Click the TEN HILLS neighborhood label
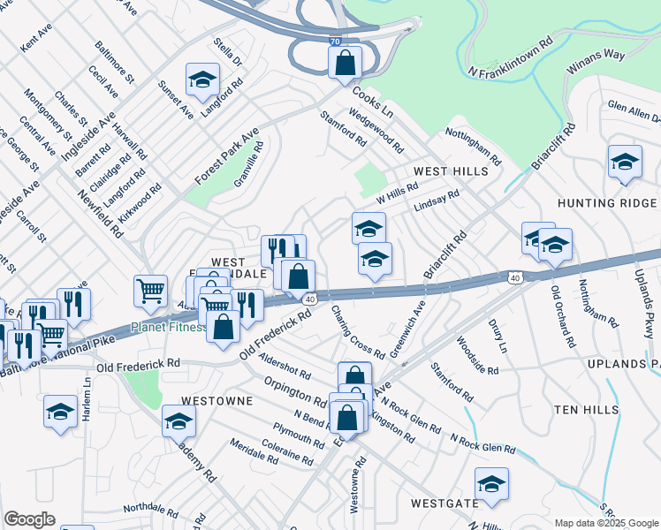point(590,409)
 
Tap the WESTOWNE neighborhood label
point(217,400)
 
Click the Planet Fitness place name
point(167,327)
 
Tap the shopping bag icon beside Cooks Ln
point(345,62)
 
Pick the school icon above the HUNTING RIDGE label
point(625,162)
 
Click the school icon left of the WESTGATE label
point(491,483)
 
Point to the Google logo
point(29,520)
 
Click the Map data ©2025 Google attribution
point(605,523)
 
